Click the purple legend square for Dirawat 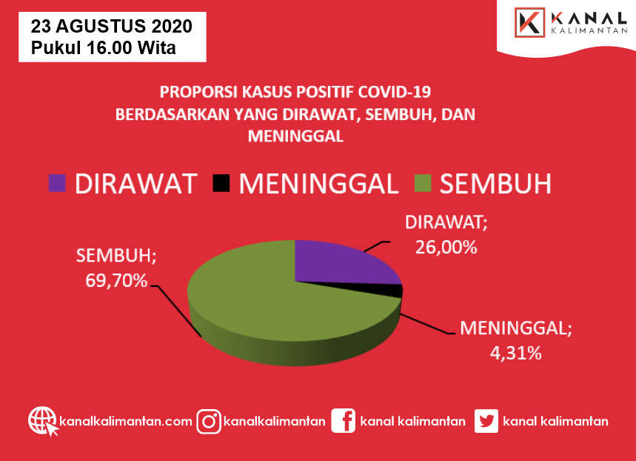coord(57,183)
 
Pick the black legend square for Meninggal coord(221,183)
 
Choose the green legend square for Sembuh coord(423,183)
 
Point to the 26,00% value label coord(446,248)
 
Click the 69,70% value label coord(116,281)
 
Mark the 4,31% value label coord(515,354)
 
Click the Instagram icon coord(209,422)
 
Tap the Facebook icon coord(343,421)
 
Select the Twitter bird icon coord(486,421)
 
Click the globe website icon coord(43,421)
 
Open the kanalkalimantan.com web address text coord(126,421)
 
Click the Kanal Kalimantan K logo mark coord(529,23)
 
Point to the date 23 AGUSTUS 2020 coord(112,27)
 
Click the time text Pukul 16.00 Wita coord(104,47)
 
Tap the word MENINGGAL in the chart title coord(295,136)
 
